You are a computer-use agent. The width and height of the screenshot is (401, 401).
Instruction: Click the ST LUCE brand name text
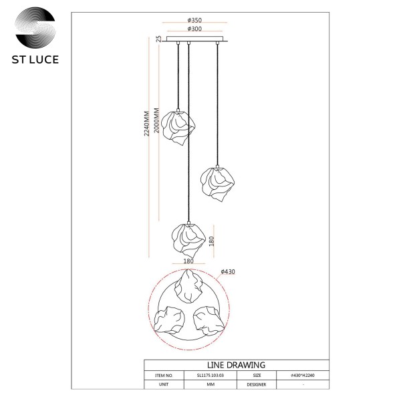35,59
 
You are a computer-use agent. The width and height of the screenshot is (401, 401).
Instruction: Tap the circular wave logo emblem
35,27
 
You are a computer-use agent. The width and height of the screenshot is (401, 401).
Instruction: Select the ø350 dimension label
194,20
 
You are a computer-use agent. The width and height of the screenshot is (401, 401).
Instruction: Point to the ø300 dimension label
194,29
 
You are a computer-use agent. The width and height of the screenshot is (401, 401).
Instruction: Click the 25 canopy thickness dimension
159,39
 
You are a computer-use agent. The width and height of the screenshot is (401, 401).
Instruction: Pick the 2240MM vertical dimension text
146,124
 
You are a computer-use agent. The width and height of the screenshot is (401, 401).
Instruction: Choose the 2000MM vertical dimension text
156,120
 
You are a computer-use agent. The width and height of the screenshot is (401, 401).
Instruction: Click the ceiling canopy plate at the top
195,39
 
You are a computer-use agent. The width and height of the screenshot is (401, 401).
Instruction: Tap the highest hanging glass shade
178,128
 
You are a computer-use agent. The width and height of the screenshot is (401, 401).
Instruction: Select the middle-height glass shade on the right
217,184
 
